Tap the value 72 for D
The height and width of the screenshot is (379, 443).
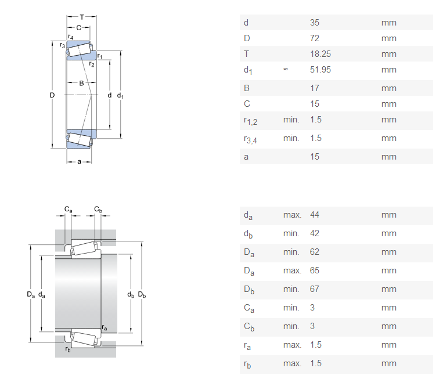click(315, 38)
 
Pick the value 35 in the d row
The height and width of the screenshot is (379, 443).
click(315, 23)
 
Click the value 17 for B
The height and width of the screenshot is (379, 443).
click(315, 88)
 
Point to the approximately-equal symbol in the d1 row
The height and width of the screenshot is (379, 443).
click(286, 70)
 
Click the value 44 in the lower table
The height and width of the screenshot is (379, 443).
click(315, 215)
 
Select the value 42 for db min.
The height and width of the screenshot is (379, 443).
click(315, 233)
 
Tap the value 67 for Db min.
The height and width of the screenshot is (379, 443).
click(315, 289)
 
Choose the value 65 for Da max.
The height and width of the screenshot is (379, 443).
click(315, 270)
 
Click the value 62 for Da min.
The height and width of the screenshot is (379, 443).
click(315, 252)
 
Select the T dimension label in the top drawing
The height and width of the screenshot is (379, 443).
click(82, 17)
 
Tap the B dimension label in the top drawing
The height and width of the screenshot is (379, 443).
click(81, 83)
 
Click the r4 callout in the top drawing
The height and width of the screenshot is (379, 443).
click(70, 37)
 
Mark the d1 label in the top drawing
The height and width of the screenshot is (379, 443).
click(121, 95)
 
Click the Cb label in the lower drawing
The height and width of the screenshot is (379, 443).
click(98, 209)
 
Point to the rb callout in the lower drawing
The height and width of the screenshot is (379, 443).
click(68, 349)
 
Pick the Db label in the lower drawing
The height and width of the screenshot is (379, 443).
click(142, 295)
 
